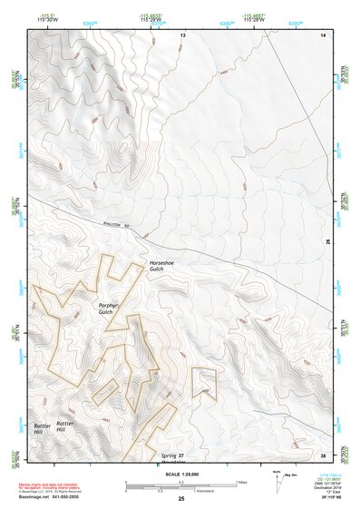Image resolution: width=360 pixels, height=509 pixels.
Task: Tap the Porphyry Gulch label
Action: coord(112,309)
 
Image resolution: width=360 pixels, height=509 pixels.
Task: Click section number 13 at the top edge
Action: coord(181,34)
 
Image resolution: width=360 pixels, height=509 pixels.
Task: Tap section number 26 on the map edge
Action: coord(326,242)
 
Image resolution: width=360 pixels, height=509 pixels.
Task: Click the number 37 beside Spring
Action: coord(181,455)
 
